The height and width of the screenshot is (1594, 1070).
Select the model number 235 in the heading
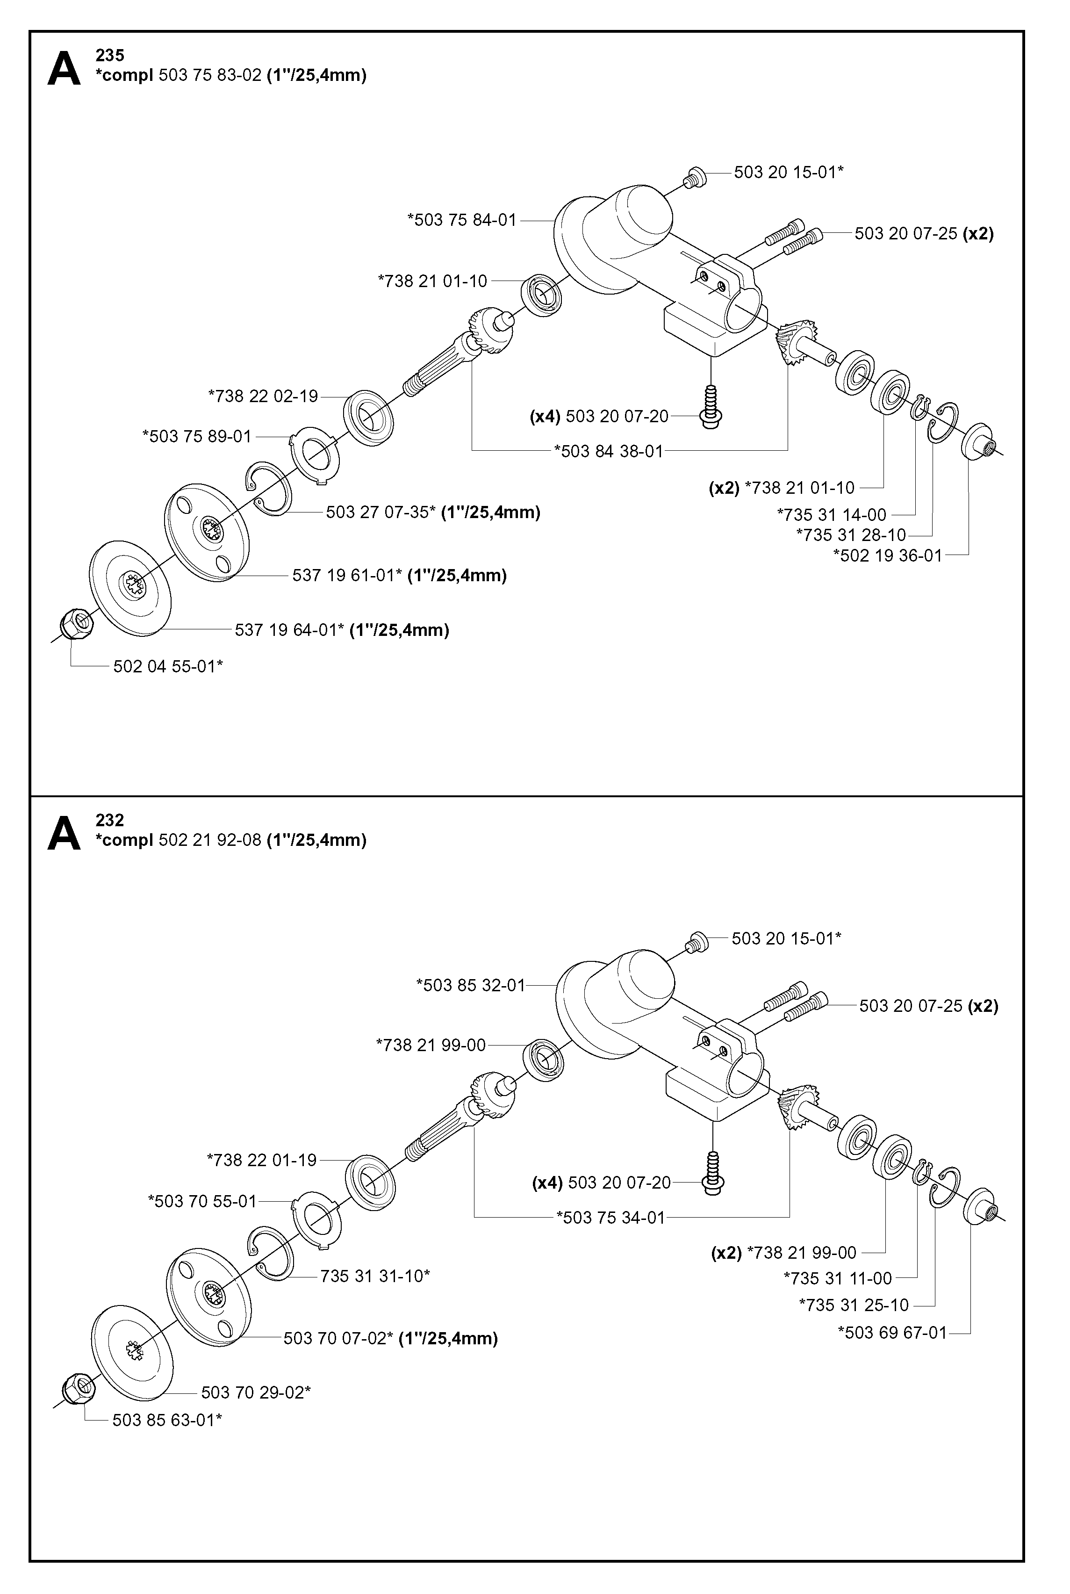(x=110, y=55)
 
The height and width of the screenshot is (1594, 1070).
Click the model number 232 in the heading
(x=110, y=820)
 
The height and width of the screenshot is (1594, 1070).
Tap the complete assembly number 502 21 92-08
(x=210, y=840)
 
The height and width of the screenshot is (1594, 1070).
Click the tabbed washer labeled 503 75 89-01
(x=315, y=454)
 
